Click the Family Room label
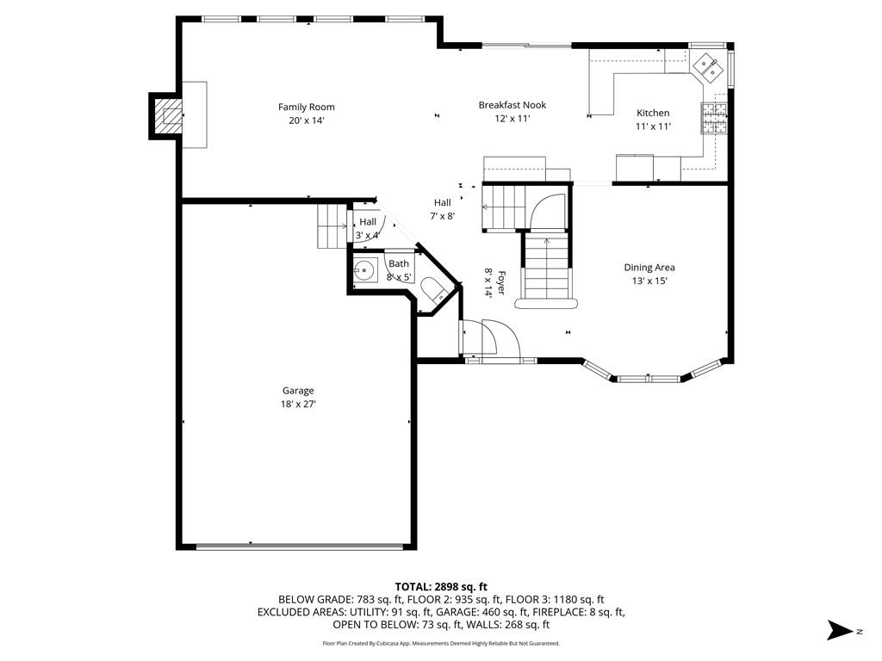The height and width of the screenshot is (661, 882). [x=306, y=107]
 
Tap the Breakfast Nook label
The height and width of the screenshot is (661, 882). [x=512, y=105]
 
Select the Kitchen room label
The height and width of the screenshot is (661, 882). [x=653, y=113]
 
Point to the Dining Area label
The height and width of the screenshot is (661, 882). [x=649, y=268]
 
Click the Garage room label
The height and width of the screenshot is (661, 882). [x=298, y=391]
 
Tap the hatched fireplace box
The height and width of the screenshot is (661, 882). [x=169, y=116]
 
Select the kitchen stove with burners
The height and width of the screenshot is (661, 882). [x=714, y=118]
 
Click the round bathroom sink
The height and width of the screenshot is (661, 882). [x=365, y=270]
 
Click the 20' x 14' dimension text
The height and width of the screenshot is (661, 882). [x=307, y=120]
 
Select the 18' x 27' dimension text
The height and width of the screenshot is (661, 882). [x=298, y=405]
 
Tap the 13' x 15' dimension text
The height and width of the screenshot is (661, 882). [x=649, y=281]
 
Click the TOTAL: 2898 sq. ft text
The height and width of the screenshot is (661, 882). [x=441, y=587]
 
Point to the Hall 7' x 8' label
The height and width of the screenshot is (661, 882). [x=443, y=209]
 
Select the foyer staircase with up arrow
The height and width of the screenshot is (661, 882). [x=547, y=269]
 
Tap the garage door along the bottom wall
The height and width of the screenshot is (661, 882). [x=299, y=547]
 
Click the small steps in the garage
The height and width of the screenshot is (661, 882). [x=332, y=226]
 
